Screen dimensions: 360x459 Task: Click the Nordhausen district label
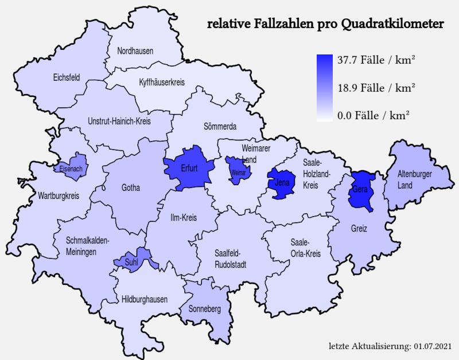pos(135,51)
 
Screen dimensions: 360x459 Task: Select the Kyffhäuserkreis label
pos(162,83)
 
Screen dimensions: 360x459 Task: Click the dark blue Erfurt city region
pos(188,168)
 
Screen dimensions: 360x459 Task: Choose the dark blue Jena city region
pos(282,183)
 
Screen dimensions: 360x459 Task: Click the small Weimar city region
pos(235,171)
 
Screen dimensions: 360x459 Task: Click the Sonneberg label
pos(205,309)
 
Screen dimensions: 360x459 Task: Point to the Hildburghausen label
pos(145,299)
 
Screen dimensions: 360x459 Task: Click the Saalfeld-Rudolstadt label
pos(231,259)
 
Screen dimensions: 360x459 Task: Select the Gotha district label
pos(131,187)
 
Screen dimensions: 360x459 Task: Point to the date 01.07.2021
pos(432,347)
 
